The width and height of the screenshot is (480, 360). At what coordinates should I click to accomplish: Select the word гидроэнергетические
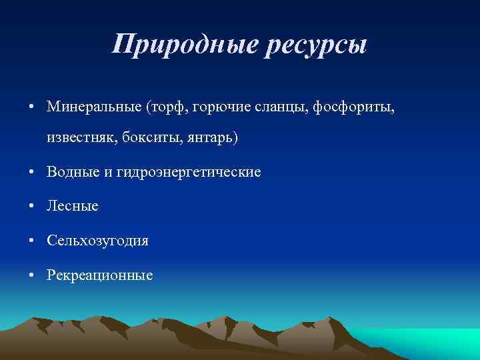point(188,172)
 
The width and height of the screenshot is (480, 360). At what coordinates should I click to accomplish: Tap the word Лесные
point(73,206)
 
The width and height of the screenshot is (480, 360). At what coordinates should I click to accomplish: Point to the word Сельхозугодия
point(98,240)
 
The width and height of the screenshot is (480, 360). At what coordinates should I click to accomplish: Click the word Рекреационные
point(100,274)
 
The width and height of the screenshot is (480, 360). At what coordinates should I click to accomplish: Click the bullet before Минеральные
point(32,107)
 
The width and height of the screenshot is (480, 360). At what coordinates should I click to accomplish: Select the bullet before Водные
point(32,173)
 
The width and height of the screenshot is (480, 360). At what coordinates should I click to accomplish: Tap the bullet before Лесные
point(32,207)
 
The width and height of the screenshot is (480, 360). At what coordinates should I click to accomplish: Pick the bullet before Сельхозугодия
point(32,241)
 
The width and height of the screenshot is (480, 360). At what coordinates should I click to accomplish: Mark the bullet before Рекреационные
point(32,275)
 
